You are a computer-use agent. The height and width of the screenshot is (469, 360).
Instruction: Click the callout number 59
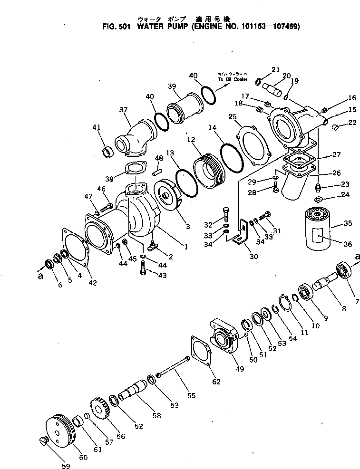pos(66,465)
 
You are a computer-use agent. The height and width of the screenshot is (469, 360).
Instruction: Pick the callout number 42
pos(92,283)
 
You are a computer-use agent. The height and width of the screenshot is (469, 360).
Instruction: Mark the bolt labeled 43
pos(142,272)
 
